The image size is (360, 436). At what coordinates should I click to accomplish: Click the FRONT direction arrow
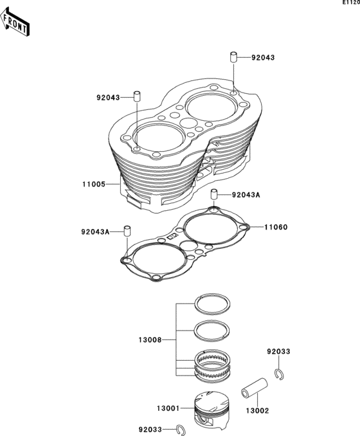point(15,22)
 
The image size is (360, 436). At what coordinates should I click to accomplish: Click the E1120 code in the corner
point(351,3)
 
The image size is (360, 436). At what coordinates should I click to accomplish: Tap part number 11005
point(94,184)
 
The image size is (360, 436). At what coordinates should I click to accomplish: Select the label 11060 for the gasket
point(276,227)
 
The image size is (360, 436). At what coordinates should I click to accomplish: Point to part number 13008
point(150,340)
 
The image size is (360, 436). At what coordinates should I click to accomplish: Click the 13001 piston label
point(168,408)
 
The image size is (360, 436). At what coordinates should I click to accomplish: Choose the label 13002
point(257,411)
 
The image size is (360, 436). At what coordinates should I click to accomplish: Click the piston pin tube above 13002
point(255,388)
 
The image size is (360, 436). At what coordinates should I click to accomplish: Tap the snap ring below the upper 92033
point(279,374)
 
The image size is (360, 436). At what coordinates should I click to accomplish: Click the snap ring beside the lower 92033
point(181,430)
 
